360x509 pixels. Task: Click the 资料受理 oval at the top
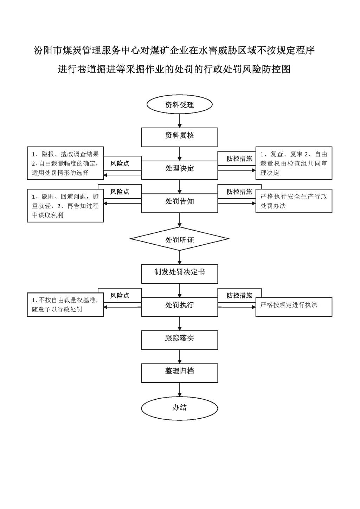pyautogui.click(x=180, y=105)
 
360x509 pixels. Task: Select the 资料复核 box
pyautogui.click(x=180, y=137)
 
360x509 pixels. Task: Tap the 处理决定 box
pyautogui.click(x=180, y=170)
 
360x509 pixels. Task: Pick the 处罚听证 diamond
pyautogui.click(x=180, y=239)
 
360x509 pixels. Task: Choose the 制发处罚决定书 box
pyautogui.click(x=180, y=273)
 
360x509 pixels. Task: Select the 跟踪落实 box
pyautogui.click(x=180, y=340)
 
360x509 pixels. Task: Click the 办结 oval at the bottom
pyautogui.click(x=180, y=407)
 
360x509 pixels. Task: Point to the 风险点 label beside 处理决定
pyautogui.click(x=120, y=163)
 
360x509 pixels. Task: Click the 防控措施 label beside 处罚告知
pyautogui.click(x=239, y=192)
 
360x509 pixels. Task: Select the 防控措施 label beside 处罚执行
pyautogui.click(x=239, y=295)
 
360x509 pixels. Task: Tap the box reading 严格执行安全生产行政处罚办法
pyautogui.click(x=294, y=201)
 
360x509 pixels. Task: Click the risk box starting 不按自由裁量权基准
pyautogui.click(x=65, y=305)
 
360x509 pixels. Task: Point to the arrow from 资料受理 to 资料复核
pyautogui.click(x=180, y=121)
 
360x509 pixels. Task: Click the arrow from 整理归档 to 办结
pyautogui.click(x=180, y=390)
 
